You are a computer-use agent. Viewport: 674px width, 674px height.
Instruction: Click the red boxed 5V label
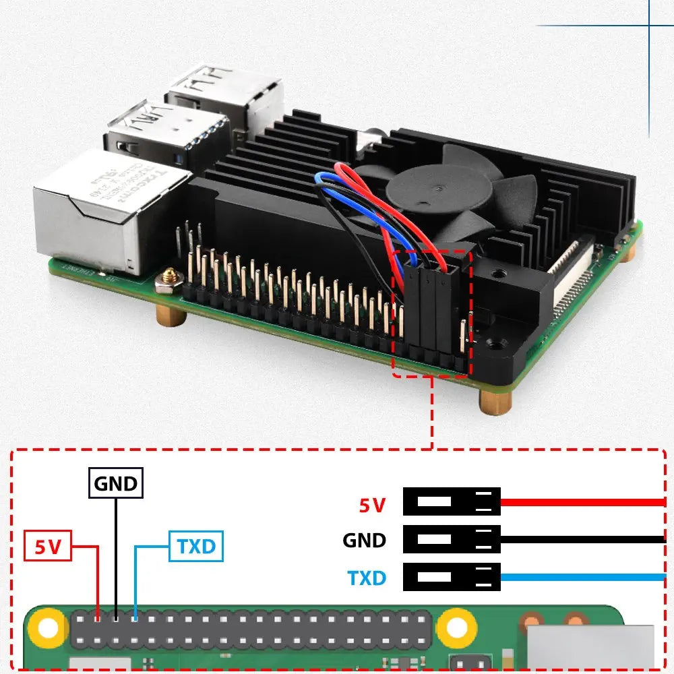pyautogui.click(x=48, y=546)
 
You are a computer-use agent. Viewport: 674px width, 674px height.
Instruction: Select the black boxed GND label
pyautogui.click(x=116, y=483)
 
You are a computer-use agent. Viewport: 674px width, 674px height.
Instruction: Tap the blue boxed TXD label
pyautogui.click(x=195, y=546)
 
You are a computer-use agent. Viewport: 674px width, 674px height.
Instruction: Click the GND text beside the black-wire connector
pyautogui.click(x=365, y=540)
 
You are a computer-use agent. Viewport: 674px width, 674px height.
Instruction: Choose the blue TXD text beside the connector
pyautogui.click(x=367, y=578)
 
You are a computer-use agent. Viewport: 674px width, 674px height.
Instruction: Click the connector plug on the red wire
pyautogui.click(x=452, y=502)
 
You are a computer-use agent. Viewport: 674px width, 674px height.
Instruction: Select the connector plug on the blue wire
pyautogui.click(x=452, y=578)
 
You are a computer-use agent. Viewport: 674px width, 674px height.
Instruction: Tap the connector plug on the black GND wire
pyautogui.click(x=452, y=540)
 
